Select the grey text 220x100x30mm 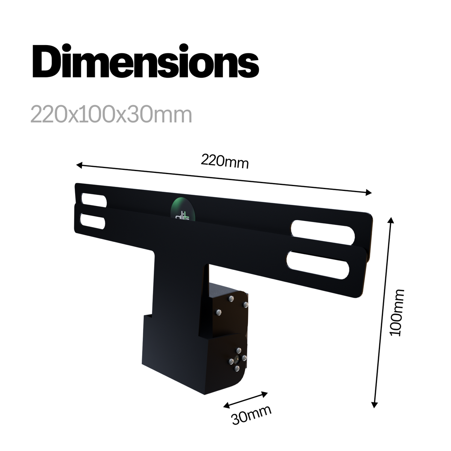point(111,115)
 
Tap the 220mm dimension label point(225,161)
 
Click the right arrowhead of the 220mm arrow point(369,193)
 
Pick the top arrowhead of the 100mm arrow point(391,221)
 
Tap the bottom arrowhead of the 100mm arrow point(375,405)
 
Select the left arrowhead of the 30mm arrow point(227,405)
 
